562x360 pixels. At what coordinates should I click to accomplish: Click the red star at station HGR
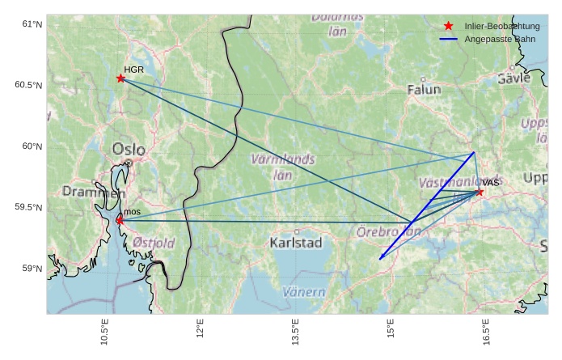[120, 78]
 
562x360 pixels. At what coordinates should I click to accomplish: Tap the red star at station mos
[120, 220]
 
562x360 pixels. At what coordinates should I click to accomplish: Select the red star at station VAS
[480, 192]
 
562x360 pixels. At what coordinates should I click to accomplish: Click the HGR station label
[133, 70]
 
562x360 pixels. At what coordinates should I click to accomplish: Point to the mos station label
[133, 211]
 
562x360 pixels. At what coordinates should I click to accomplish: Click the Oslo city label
[129, 149]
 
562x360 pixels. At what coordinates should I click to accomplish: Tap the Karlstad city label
[296, 243]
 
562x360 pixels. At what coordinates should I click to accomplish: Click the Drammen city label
[94, 193]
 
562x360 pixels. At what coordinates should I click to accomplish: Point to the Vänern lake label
[304, 292]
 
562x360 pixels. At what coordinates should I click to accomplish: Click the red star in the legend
[449, 27]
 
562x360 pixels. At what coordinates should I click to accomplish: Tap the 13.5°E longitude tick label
[296, 332]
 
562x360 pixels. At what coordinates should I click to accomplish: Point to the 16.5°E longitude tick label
[487, 332]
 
